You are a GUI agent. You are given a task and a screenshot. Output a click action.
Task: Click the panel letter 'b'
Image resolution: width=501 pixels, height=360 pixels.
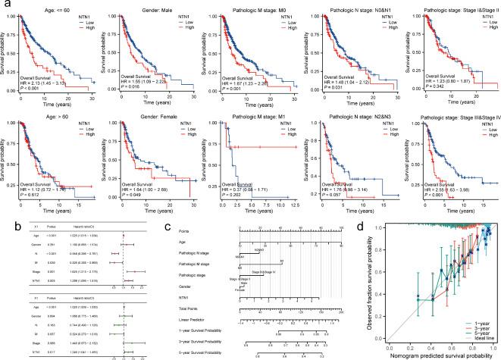5,222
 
